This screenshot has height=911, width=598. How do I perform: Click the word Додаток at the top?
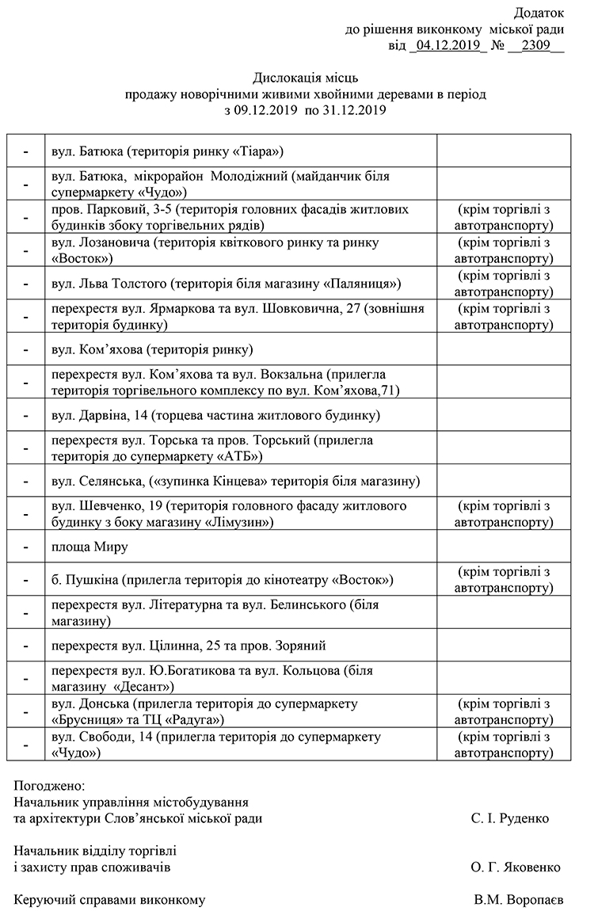[539, 13]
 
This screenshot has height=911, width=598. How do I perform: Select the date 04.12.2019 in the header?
[448, 45]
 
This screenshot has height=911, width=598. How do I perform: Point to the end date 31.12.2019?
[355, 111]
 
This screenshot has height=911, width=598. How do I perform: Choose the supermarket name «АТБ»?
[236, 456]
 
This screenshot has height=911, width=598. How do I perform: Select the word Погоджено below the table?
[49, 786]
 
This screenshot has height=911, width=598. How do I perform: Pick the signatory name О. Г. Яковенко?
[515, 867]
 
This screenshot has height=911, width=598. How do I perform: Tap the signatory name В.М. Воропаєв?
[519, 900]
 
